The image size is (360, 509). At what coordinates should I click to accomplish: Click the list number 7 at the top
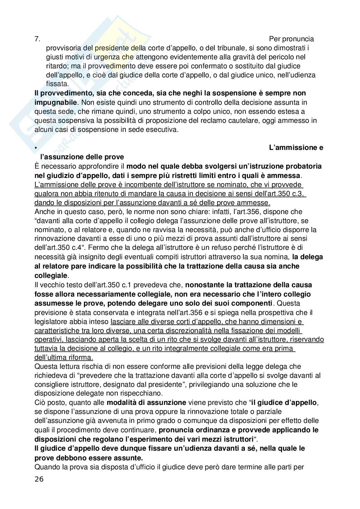point(37,39)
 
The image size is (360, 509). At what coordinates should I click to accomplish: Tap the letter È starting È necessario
point(37,166)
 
